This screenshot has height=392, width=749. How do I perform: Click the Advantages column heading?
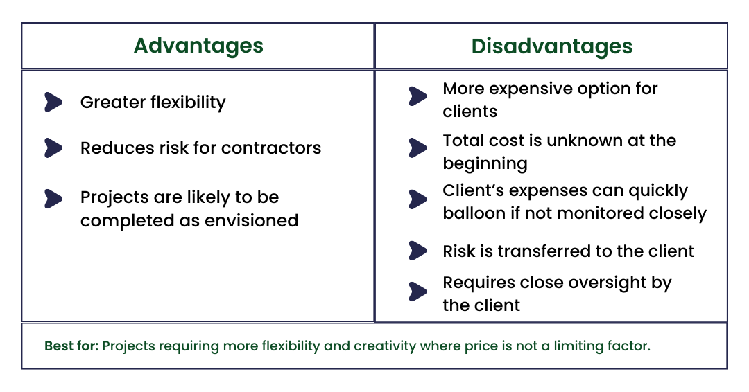tap(198, 46)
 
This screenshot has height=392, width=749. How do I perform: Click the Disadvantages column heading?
tap(551, 46)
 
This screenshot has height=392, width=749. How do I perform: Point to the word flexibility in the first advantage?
tap(188, 103)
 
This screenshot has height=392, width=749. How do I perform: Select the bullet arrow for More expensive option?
tap(417, 96)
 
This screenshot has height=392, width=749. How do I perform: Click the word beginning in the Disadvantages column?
tap(485, 164)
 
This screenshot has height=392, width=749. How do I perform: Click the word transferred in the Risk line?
tap(549, 251)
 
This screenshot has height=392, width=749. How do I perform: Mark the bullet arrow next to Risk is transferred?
tap(417, 250)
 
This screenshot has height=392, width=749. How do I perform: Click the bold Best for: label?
tap(71, 346)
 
